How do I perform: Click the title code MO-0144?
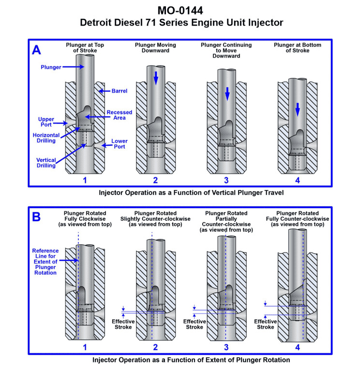pos(180,10)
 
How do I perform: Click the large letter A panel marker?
pos(37,49)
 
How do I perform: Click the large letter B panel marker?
pos(37,217)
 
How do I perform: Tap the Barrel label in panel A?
pos(119,90)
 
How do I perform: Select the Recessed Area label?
pos(119,116)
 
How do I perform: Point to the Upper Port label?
pos(47,121)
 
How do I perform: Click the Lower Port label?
pos(120,145)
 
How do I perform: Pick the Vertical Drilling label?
pos(45,162)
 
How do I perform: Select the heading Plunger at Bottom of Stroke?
pos(297,48)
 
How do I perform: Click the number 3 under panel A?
pos(227,181)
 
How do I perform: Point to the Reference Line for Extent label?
pos(45,261)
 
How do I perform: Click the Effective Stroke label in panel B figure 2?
pos(123,324)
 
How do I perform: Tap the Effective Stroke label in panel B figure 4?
pos(266,324)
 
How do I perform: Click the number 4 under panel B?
pos(297,347)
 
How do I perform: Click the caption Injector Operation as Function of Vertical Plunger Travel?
pos(180,193)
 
